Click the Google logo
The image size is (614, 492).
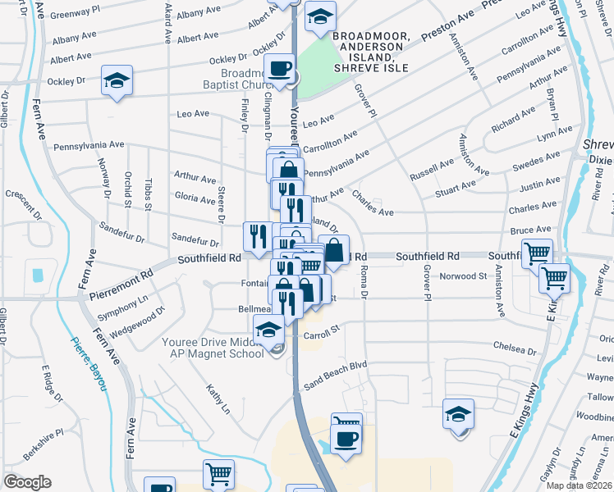coord(27,482)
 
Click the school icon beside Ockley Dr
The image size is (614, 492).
coord(117,81)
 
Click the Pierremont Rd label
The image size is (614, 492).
coord(124,279)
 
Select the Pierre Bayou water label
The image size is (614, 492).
coord(89,363)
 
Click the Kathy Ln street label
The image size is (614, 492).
coord(218,399)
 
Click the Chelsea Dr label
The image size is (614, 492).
coord(515,350)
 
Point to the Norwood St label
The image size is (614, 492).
coord(465,276)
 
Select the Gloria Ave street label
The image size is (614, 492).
coord(195,197)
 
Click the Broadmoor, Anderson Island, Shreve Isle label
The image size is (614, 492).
coord(367,47)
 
